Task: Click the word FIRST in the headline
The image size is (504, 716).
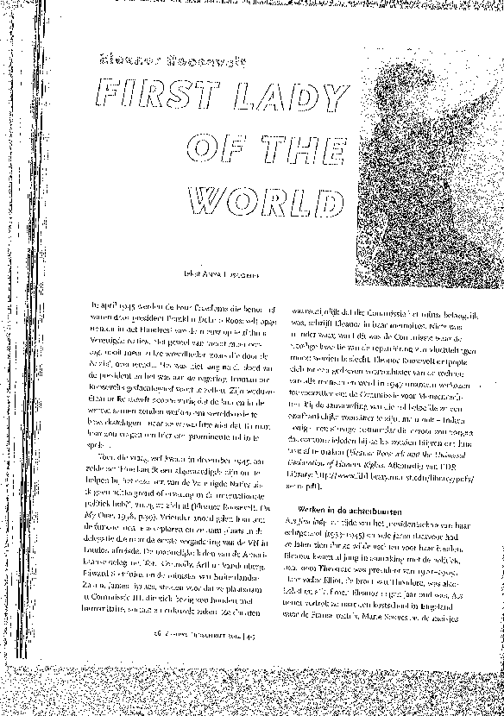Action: tap(150, 97)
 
